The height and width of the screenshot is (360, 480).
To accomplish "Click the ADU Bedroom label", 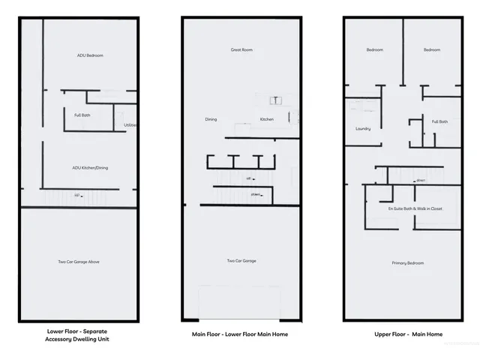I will (90, 55).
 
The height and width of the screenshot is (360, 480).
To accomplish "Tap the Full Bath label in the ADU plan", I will (82, 115).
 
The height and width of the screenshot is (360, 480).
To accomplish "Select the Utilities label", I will (130, 125).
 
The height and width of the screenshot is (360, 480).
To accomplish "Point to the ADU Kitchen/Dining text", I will (90, 167).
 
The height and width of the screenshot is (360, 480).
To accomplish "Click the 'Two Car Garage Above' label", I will (79, 262).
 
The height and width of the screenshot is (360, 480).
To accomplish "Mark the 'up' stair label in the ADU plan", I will (77, 196).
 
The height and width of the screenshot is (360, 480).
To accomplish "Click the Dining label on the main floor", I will (211, 119).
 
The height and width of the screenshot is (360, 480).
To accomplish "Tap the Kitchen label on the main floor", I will (267, 119).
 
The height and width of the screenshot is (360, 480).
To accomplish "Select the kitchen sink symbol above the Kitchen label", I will (274, 99).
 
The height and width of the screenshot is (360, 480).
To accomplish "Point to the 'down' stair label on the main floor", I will (256, 194).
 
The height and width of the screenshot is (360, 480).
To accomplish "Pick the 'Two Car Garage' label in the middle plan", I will (241, 261).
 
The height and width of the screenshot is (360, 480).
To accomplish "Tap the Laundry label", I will (363, 128).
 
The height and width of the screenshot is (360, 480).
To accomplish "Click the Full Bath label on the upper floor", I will (439, 121).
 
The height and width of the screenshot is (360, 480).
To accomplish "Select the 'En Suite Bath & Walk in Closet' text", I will (414, 208).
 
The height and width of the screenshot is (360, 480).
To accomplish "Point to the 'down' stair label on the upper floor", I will (421, 180).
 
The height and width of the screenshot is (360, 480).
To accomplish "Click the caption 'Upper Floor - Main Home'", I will (408, 334).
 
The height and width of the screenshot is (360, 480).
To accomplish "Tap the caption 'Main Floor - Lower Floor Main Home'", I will (240, 334).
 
